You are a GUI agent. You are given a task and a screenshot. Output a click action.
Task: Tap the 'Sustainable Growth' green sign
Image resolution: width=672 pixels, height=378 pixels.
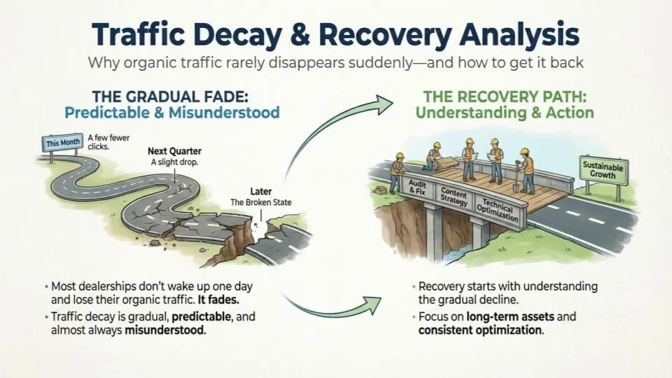[603, 170]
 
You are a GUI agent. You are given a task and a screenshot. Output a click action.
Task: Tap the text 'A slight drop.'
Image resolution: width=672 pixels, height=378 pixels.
[175, 162]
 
